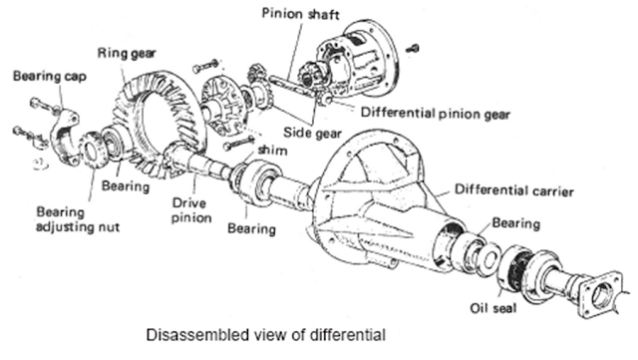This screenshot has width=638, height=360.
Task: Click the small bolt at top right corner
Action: tap(415, 46)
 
